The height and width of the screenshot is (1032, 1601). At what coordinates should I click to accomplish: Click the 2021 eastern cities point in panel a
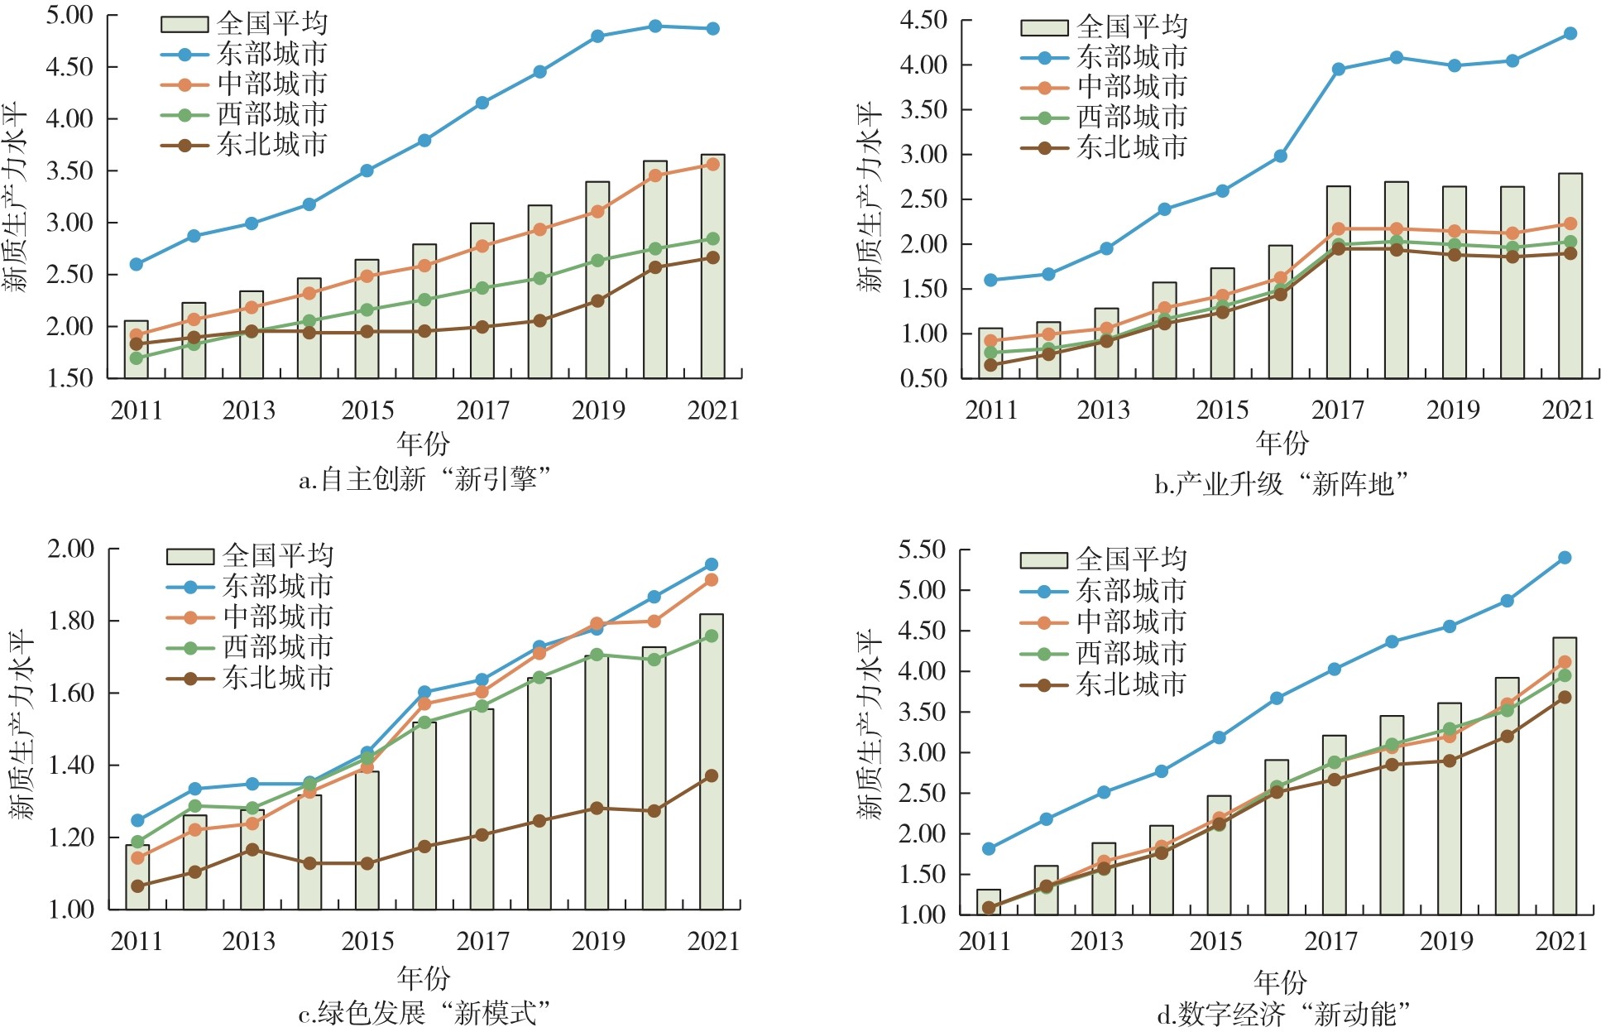[712, 29]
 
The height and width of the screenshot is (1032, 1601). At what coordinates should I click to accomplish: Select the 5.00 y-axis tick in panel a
[70, 16]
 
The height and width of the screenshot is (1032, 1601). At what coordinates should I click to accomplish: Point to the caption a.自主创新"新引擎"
[424, 479]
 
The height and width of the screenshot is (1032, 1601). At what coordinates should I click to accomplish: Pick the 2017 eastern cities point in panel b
[1338, 70]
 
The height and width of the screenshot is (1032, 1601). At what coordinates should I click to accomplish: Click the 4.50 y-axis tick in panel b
[923, 20]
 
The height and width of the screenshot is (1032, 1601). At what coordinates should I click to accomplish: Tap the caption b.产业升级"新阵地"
[1281, 483]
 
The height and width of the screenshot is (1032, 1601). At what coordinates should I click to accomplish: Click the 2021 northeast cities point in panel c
[711, 775]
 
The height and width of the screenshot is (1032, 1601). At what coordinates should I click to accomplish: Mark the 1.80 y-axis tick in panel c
[71, 621]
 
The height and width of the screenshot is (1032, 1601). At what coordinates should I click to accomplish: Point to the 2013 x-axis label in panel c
[248, 941]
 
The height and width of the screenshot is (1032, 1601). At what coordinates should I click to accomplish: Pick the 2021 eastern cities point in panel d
[1564, 558]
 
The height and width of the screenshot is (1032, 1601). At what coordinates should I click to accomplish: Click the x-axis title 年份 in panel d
[1279, 982]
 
